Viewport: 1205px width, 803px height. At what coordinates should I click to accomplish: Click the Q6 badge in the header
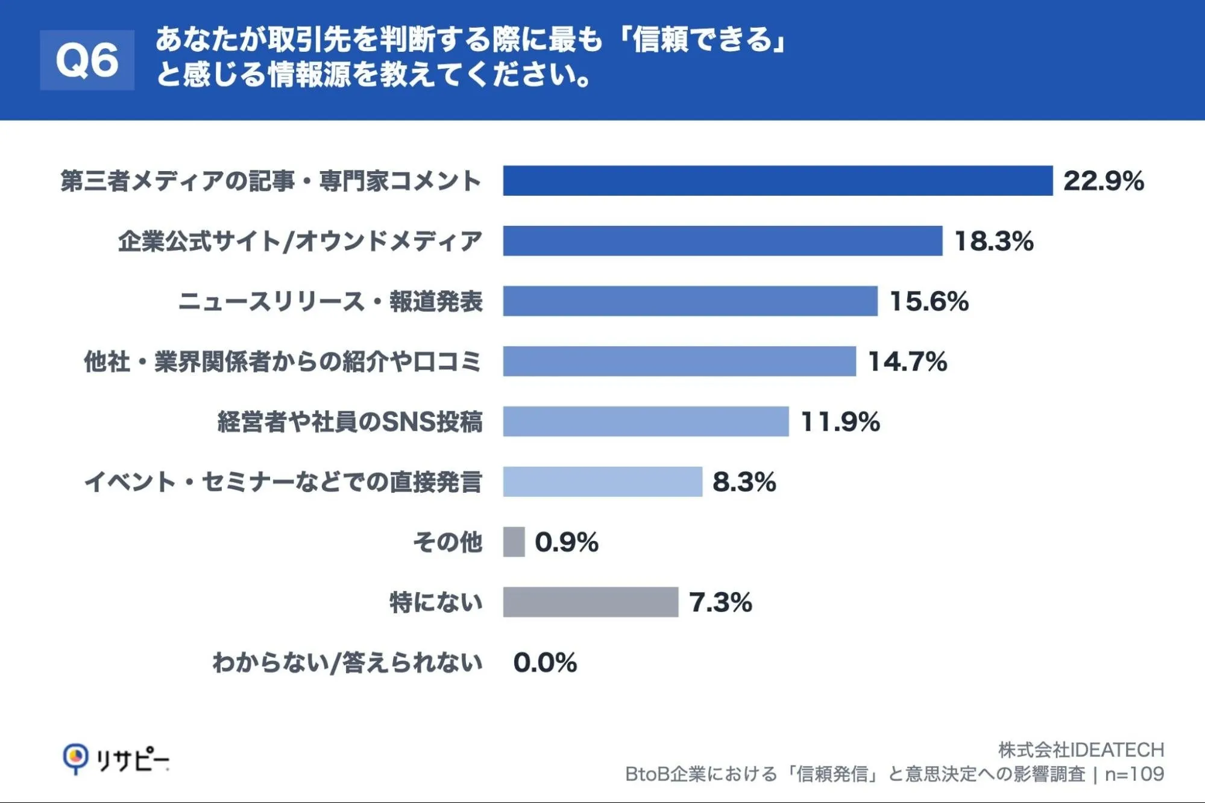(x=87, y=60)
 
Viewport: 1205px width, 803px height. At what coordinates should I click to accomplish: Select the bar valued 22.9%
(x=778, y=181)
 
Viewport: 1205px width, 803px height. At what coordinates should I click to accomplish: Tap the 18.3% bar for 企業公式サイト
(x=723, y=241)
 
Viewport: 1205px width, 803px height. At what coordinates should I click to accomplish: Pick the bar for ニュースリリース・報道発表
(x=690, y=301)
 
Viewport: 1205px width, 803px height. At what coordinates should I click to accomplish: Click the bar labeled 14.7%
(x=679, y=361)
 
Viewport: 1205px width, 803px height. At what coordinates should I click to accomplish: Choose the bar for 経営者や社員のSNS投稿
(x=646, y=422)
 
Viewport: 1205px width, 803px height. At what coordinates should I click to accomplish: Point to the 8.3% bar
(x=603, y=482)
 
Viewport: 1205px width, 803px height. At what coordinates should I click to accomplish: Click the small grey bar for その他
(x=514, y=542)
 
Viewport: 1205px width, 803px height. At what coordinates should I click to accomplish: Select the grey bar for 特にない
(x=591, y=602)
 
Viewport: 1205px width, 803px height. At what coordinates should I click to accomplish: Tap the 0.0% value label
(x=545, y=663)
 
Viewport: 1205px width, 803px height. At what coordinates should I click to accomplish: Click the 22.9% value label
(x=1104, y=181)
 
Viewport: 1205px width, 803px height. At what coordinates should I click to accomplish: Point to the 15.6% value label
(x=929, y=301)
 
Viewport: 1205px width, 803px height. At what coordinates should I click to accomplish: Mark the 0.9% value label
(x=567, y=542)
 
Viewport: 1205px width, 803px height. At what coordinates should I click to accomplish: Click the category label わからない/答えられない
(x=348, y=663)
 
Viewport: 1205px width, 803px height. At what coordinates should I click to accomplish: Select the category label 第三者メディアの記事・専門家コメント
(x=271, y=181)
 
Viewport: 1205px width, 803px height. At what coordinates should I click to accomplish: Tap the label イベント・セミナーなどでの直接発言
(x=283, y=482)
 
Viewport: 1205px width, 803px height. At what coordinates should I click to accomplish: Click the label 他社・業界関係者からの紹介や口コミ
(x=283, y=361)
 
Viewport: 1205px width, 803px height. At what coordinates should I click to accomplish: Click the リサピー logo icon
(x=76, y=759)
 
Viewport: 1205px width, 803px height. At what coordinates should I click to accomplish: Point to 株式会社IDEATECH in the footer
(x=1081, y=750)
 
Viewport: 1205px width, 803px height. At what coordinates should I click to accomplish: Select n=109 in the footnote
(x=1134, y=774)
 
